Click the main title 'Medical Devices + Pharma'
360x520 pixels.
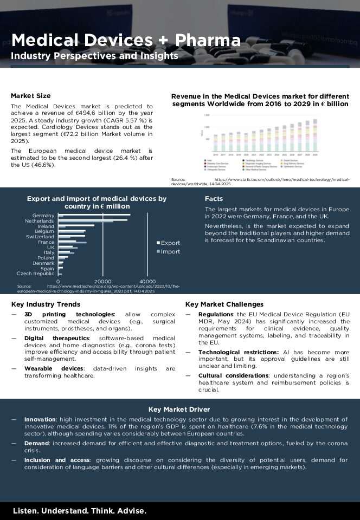click(126, 40)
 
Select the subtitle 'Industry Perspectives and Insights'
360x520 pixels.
click(94, 56)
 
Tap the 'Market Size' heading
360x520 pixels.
click(30, 96)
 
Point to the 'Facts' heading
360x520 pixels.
click(214, 199)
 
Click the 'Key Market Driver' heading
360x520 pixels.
click(179, 409)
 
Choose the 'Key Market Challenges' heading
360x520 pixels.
click(224, 304)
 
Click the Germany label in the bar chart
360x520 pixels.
click(43, 216)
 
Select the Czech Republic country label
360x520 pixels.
click(36, 274)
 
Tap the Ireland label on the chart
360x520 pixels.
click(46, 226)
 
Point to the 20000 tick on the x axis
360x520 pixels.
click(103, 282)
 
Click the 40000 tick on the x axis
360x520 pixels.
click(148, 282)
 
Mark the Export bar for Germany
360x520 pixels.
click(94, 215)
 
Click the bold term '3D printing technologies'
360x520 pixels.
click(70, 315)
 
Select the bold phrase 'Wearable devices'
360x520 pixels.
click(49, 368)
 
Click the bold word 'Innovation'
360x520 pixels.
click(40, 419)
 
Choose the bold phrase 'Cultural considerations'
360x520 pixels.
click(233, 375)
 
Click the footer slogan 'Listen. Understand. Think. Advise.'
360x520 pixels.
click(79, 511)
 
